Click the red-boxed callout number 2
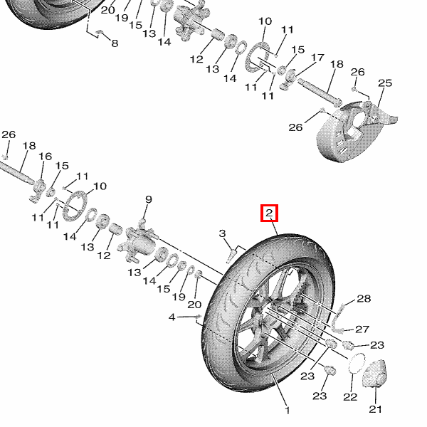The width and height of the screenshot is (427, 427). click(x=270, y=212)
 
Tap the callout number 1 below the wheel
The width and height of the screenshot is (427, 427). click(x=288, y=411)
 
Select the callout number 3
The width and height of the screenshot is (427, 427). click(x=222, y=233)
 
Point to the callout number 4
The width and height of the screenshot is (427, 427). click(x=172, y=317)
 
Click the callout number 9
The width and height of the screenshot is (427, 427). click(x=149, y=199)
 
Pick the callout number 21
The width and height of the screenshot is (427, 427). click(x=375, y=409)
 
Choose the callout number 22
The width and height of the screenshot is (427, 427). click(x=349, y=396)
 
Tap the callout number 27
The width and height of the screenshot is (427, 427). click(x=363, y=329)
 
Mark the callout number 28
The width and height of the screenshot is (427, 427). click(x=364, y=299)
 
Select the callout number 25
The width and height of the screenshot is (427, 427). click(x=384, y=84)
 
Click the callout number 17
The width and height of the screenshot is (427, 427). click(x=317, y=58)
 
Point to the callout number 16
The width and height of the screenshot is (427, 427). click(x=45, y=157)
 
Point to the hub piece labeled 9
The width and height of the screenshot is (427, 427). click(x=140, y=241)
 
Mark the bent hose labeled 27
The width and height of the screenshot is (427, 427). click(x=339, y=320)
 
